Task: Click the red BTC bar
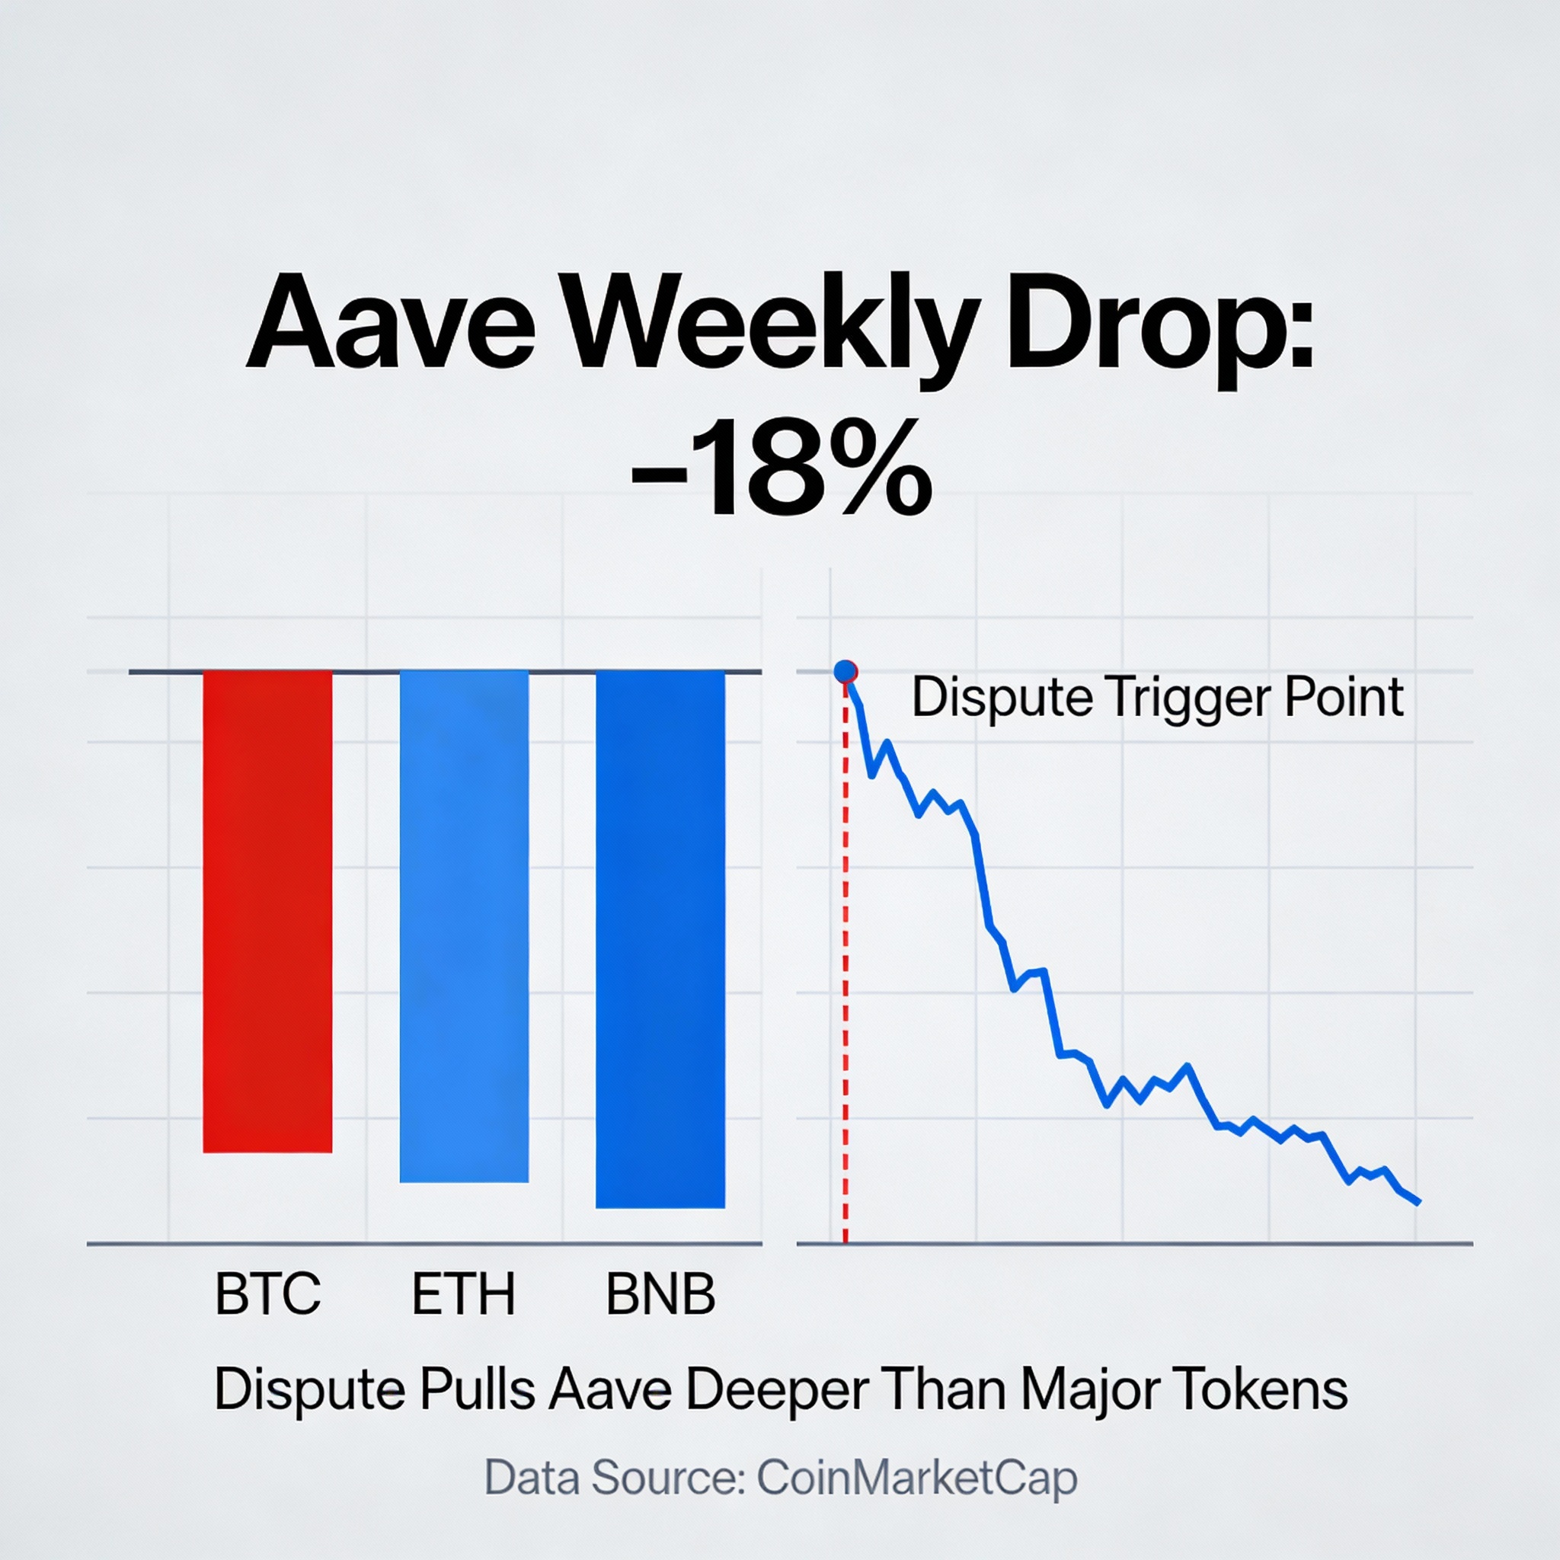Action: (x=267, y=911)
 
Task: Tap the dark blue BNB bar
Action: (x=660, y=938)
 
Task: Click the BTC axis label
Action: (x=267, y=1293)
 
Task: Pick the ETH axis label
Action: (x=463, y=1293)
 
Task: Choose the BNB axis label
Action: (x=660, y=1293)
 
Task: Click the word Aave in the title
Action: (x=391, y=322)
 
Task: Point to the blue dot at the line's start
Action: (x=845, y=671)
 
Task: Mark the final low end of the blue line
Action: (x=1417, y=1202)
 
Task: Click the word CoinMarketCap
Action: (x=917, y=1478)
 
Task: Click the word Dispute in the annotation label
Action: (x=1003, y=698)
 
